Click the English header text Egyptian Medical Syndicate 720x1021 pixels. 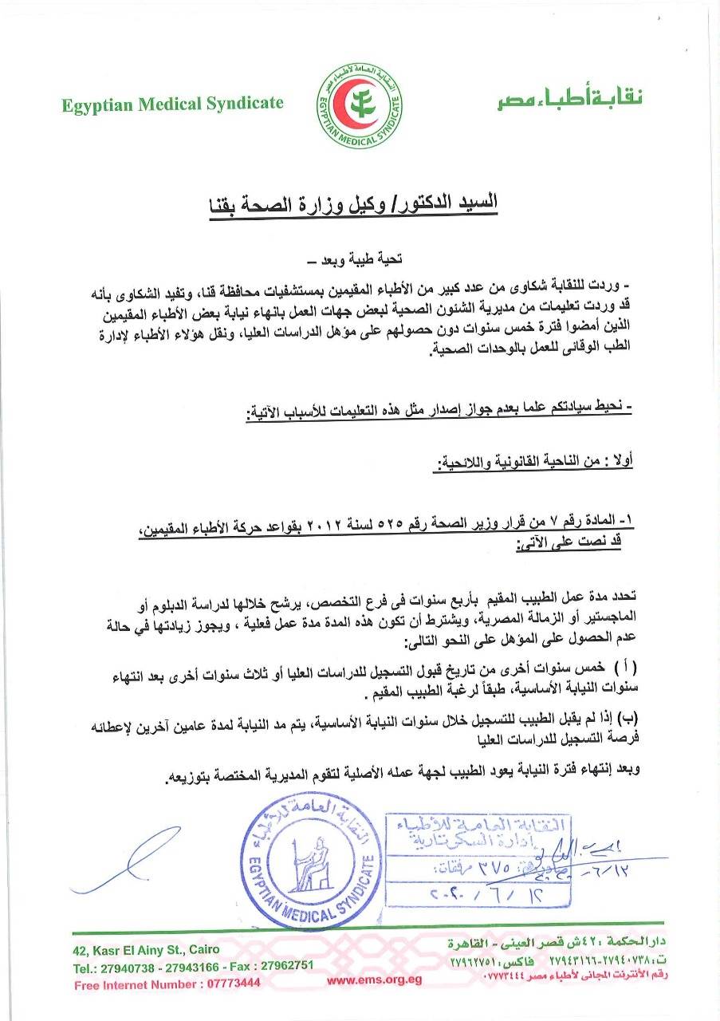(172, 104)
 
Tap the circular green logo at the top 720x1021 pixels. (356, 104)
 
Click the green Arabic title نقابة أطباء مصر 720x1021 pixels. (566, 100)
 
